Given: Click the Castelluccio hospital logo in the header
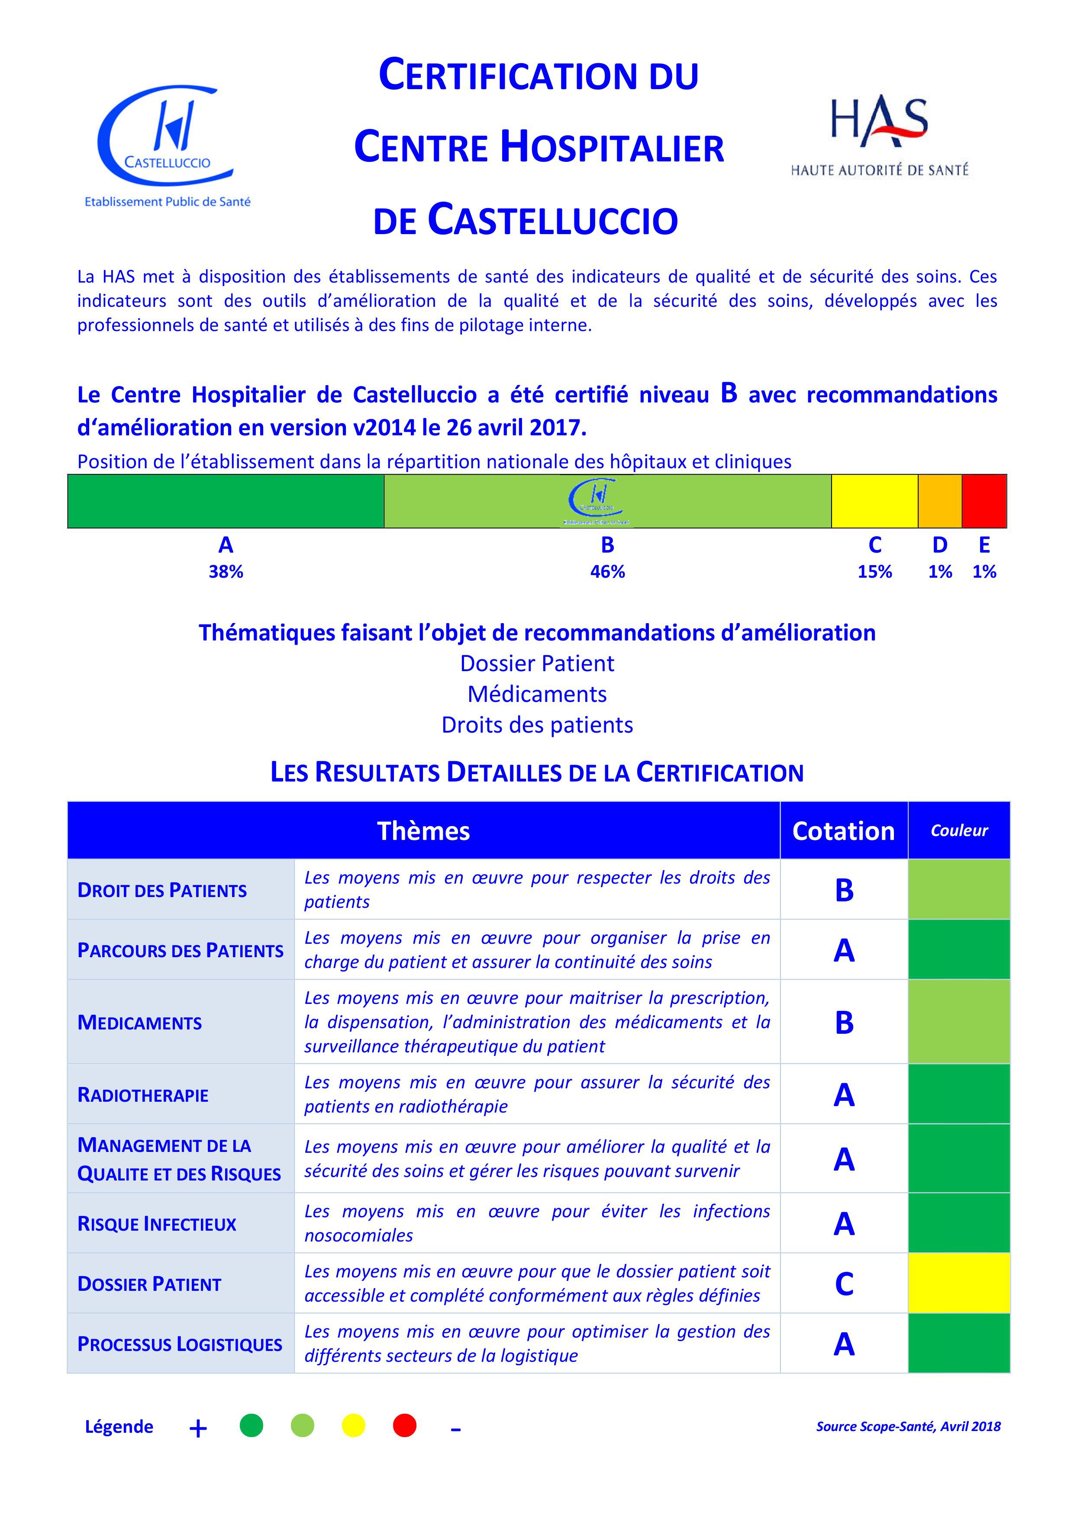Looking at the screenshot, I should tap(167, 145).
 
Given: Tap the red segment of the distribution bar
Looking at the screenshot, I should tap(984, 501).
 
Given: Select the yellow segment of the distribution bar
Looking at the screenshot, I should tap(874, 501).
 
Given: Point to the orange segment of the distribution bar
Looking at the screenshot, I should tap(940, 501).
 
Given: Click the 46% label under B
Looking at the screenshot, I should tap(607, 572).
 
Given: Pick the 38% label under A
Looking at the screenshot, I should tap(226, 572).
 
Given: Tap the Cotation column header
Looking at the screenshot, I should tap(843, 831).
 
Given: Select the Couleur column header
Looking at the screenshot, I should tap(959, 831).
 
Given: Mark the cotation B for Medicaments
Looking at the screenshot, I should tap(844, 1023).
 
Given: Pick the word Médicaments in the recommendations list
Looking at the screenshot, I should tap(537, 694).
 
